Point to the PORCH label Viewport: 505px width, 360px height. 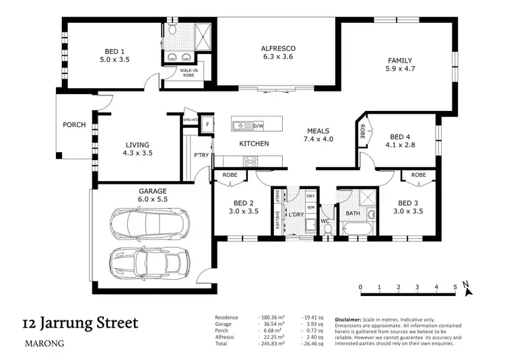[74, 124]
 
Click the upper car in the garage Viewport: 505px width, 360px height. [149, 221]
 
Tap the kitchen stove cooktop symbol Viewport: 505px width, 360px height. [250, 161]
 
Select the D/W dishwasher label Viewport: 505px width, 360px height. [258, 125]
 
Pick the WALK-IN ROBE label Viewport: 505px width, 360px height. [188, 73]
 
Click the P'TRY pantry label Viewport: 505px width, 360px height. [201, 155]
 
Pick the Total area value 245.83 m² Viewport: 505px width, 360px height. [272, 343]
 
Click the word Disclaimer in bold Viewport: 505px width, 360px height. [351, 319]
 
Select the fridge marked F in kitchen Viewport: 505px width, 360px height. [207, 125]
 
